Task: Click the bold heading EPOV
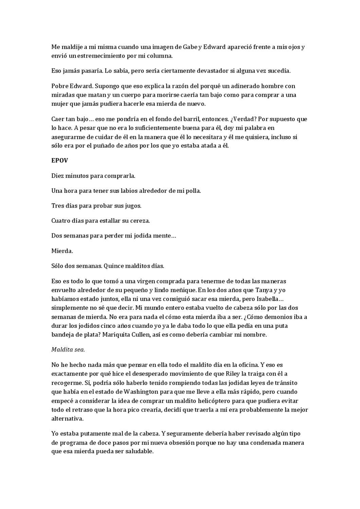click(59, 161)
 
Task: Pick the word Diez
click(57, 176)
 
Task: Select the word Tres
click(57, 206)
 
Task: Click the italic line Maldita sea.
click(68, 350)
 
